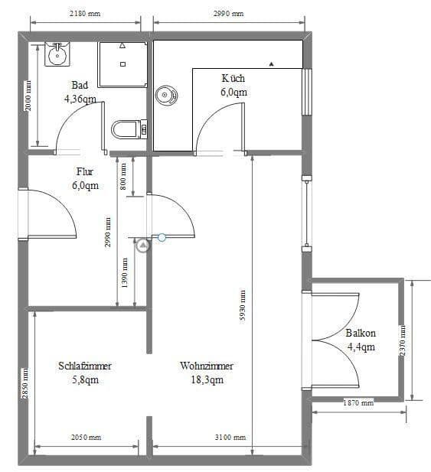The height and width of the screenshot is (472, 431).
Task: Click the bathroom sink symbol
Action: tap(56, 54)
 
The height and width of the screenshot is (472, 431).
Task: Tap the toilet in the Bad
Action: tap(129, 129)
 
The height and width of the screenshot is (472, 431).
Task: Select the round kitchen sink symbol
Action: tap(165, 96)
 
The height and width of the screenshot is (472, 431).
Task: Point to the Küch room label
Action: tap(233, 78)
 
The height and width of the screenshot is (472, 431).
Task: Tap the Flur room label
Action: tap(84, 172)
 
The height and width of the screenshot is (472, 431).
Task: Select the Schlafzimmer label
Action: tap(85, 366)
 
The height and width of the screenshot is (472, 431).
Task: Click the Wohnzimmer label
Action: tap(207, 366)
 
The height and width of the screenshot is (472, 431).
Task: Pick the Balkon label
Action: tap(361, 334)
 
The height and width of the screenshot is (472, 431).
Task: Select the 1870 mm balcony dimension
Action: tap(358, 402)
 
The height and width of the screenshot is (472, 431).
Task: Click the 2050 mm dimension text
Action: tap(84, 438)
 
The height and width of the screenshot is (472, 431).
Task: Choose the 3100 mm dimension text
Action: tap(229, 438)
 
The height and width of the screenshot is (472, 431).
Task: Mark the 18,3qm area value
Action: tap(207, 380)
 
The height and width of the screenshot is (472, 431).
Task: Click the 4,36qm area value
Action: tap(80, 99)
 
